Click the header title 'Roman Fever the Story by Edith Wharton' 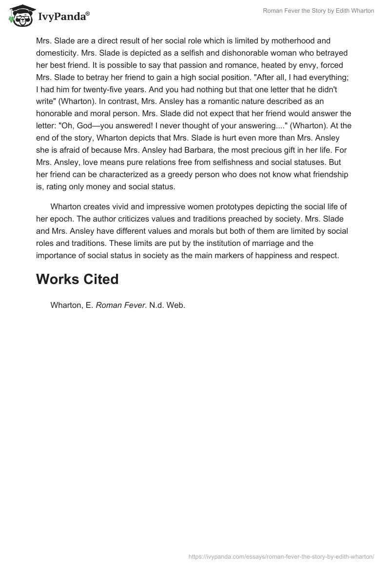coord(318,11)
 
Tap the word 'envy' coord(279,65)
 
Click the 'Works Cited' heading coord(78,279)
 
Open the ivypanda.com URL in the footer coord(281,556)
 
